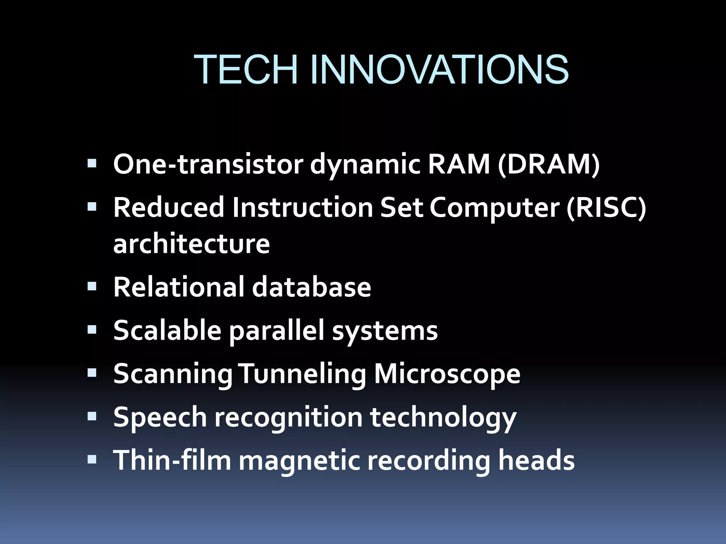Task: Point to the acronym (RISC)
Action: tap(606, 208)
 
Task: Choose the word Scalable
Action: tap(167, 330)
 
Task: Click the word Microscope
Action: tap(447, 374)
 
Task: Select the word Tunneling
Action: tap(303, 374)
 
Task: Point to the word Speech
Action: tap(160, 417)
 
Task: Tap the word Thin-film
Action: tap(172, 460)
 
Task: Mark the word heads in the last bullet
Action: tap(536, 460)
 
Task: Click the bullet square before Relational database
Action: tap(92, 286)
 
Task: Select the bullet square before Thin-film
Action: tap(92, 459)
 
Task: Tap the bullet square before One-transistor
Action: tap(92, 164)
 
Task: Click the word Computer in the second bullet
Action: tap(495, 208)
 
